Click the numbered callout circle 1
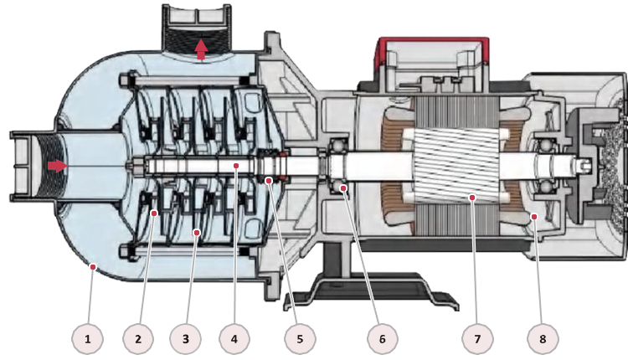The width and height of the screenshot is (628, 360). tap(88, 339)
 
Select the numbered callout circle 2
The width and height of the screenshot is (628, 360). tap(138, 339)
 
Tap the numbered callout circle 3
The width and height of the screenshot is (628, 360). tap(185, 339)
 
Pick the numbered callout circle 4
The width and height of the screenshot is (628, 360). tap(234, 339)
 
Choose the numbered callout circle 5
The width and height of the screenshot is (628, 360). tap(300, 339)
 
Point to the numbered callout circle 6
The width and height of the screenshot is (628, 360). tap(383, 339)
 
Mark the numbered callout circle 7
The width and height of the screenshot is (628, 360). tap(477, 339)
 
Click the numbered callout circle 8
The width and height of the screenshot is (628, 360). tap(543, 339)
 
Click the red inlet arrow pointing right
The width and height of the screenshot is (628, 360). tap(58, 166)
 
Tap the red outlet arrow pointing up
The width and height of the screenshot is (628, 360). tap(201, 49)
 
